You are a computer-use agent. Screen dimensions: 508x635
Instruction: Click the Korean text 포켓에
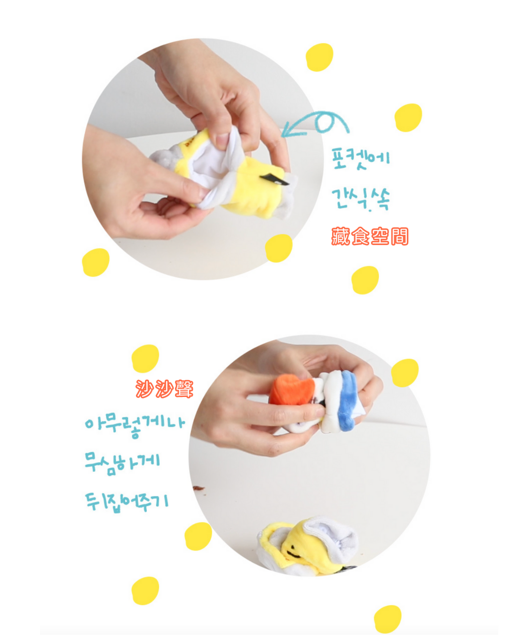[360, 159]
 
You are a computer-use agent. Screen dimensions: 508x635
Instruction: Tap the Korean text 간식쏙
[360, 199]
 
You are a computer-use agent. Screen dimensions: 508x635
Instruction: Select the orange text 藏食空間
[370, 236]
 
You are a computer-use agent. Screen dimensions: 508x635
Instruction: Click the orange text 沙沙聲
[165, 389]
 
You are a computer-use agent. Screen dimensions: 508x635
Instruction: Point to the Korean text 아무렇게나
[135, 425]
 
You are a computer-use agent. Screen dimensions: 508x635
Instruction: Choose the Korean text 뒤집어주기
[127, 502]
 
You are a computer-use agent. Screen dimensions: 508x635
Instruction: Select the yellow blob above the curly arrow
[319, 57]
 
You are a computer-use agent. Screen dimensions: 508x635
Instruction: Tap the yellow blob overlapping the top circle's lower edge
[278, 248]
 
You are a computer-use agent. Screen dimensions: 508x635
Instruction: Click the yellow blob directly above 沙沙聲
[145, 358]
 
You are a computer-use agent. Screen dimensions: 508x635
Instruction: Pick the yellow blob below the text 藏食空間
[365, 280]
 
